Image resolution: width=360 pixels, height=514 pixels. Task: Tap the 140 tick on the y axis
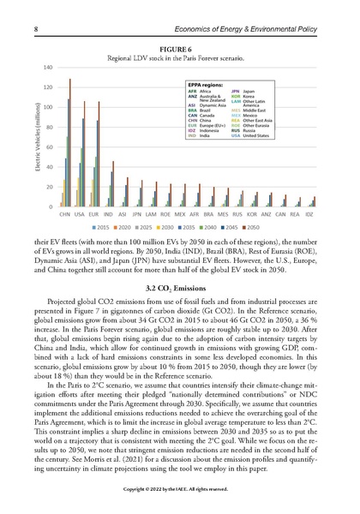click(48, 68)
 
